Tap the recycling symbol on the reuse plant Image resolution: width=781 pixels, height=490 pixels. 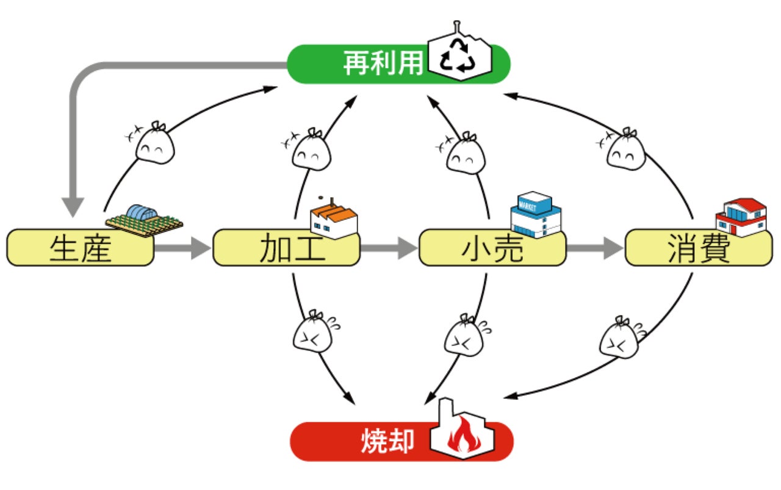458,55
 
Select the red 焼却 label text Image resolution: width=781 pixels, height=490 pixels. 387,441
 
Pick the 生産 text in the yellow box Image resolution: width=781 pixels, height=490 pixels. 81,248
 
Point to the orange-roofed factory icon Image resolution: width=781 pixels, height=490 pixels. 334,218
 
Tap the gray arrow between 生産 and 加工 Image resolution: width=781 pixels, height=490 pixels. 182,248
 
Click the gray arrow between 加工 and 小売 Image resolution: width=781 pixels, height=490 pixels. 389,248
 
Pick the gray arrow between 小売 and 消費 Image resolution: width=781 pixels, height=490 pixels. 595,248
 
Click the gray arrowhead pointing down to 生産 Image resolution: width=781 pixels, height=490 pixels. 73,207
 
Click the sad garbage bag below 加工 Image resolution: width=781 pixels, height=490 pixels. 313,331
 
